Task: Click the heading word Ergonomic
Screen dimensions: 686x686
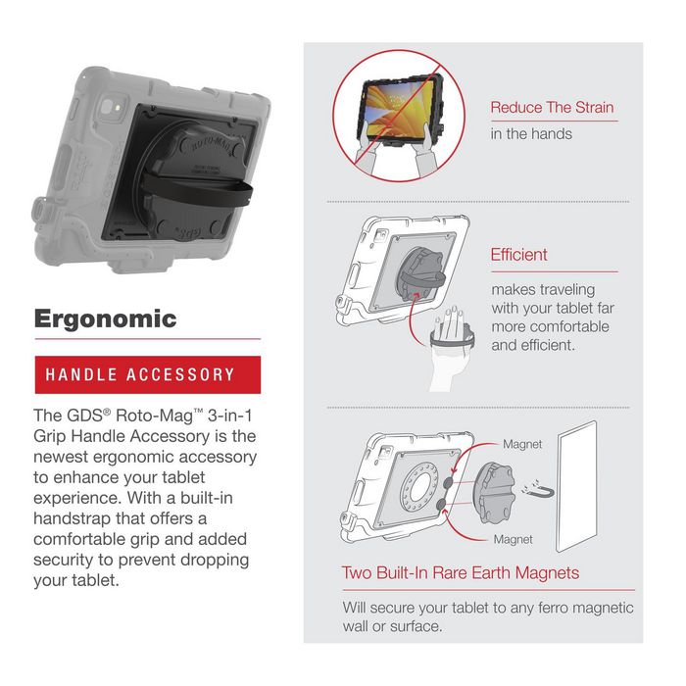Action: [x=105, y=318]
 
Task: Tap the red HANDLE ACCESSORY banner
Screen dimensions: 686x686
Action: [x=140, y=374]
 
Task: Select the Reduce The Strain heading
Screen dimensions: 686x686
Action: [x=554, y=108]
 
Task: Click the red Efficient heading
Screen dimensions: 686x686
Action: [x=518, y=255]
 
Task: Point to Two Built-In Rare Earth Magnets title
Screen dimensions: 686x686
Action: [x=460, y=572]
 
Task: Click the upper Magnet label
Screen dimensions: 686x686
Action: [x=522, y=445]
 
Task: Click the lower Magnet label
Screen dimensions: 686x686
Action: [x=514, y=539]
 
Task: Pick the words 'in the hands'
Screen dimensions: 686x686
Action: [x=531, y=134]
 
